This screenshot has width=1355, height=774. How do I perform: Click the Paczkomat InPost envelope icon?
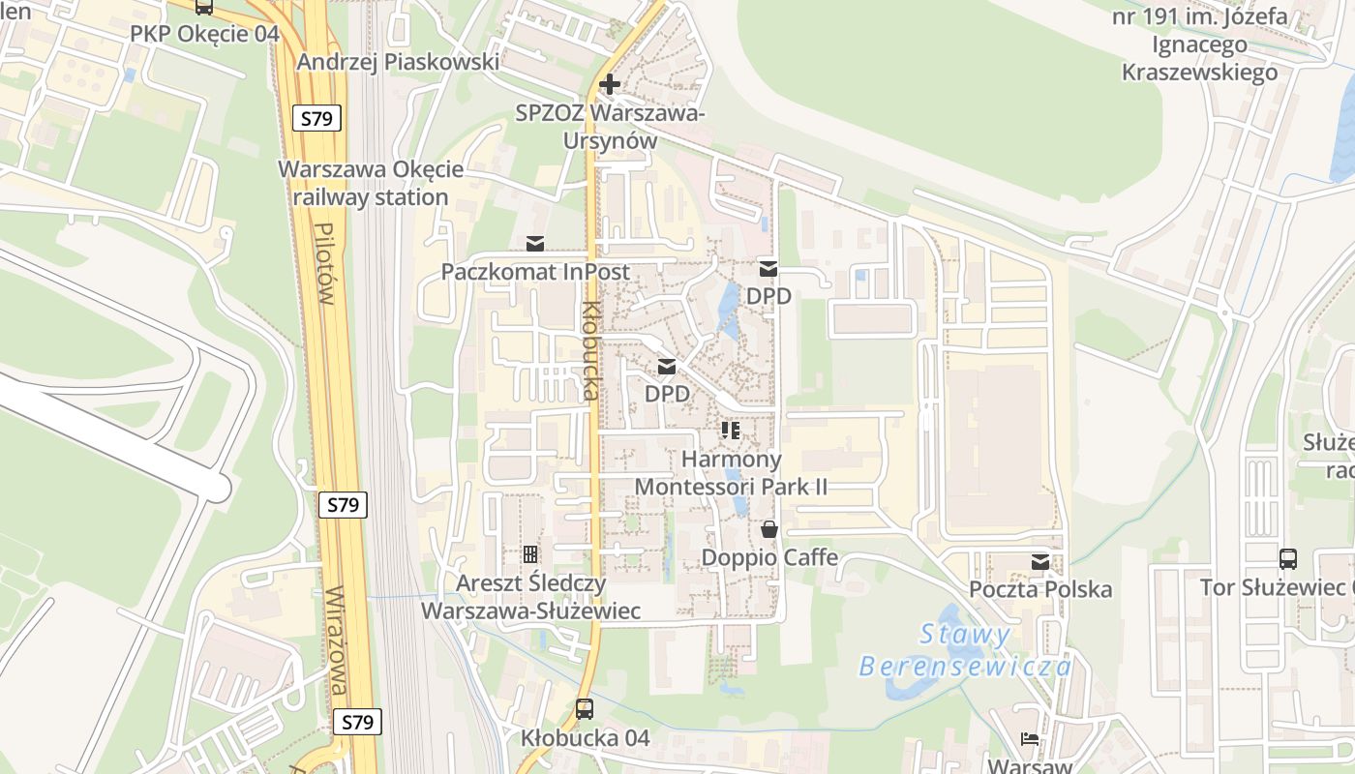534,244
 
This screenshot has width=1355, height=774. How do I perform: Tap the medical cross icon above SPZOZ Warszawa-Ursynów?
610,85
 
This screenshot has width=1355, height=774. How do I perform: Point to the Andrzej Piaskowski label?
398,62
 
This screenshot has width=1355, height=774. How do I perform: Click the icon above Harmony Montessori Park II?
731,430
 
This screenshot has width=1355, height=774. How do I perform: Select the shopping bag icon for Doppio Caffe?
769,529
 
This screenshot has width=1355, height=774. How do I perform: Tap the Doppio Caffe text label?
769,558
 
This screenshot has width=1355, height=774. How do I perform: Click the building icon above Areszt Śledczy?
530,554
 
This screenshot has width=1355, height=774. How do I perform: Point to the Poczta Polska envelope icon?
1040,562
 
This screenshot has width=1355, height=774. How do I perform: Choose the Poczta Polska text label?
1040,589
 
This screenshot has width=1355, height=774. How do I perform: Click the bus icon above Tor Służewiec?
1288,558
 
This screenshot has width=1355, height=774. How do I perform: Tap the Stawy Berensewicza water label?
965,650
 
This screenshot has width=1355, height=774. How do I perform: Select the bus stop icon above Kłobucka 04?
585,708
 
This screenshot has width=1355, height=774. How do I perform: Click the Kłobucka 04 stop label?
585,738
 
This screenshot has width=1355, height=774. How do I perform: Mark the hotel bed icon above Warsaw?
1030,739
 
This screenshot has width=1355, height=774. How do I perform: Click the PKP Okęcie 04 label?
204,34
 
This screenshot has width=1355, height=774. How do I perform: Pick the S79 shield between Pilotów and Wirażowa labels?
343,505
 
